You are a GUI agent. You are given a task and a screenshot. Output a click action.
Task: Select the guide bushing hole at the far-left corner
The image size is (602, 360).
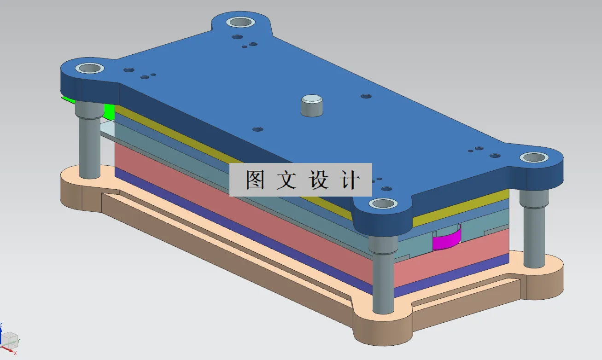[90, 69]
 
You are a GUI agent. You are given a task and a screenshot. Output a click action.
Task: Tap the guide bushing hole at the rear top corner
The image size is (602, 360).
[240, 22]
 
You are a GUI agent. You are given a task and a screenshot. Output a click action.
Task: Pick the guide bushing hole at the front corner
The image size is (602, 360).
[383, 203]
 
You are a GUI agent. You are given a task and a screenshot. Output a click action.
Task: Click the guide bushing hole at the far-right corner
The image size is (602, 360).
[534, 157]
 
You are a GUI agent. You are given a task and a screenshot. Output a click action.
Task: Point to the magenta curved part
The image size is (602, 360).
[446, 240]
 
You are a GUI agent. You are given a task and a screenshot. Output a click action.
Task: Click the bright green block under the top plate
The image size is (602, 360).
[109, 110]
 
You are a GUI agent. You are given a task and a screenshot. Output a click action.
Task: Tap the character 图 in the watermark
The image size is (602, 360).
[255, 180]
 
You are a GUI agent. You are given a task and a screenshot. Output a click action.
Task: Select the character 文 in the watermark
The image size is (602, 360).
[286, 180]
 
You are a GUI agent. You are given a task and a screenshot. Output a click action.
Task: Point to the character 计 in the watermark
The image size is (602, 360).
[349, 180]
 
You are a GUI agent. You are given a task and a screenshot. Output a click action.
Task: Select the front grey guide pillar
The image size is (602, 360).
[382, 276]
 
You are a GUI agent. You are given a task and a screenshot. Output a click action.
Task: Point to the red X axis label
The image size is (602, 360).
[15, 353]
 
